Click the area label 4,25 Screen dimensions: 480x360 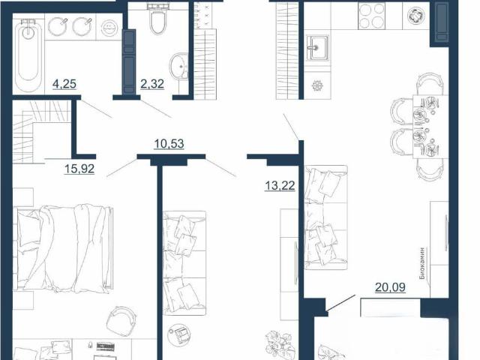click(64, 83)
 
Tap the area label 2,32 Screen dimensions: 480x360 click(152, 83)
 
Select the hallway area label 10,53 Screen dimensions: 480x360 click(169, 143)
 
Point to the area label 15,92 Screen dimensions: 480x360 click(79, 169)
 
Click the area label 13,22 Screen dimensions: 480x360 click(280, 185)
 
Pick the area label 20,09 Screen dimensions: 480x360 click(390, 287)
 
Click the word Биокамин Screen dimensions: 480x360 click(423, 263)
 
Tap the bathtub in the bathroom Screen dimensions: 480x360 click(28, 55)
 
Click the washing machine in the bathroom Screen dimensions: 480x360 click(109, 28)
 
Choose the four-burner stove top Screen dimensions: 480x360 click(371, 16)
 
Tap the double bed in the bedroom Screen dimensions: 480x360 click(63, 248)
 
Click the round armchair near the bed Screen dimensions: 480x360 click(121, 321)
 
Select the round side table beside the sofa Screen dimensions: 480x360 click(179, 334)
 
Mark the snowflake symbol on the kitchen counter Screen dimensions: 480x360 click(317, 85)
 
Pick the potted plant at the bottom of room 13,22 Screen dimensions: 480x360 click(280, 345)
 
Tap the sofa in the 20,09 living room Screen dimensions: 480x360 click(326, 217)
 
